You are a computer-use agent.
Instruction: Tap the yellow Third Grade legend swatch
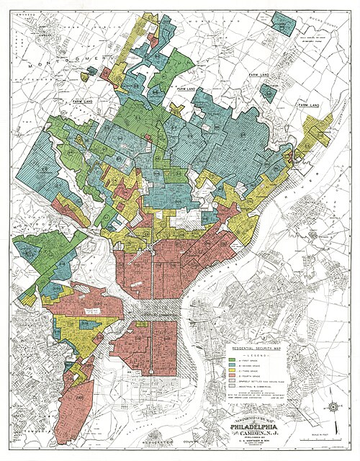click(x=233, y=372)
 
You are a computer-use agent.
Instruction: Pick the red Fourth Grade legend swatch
click(x=233, y=378)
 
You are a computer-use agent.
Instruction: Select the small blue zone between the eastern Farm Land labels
click(x=268, y=91)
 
